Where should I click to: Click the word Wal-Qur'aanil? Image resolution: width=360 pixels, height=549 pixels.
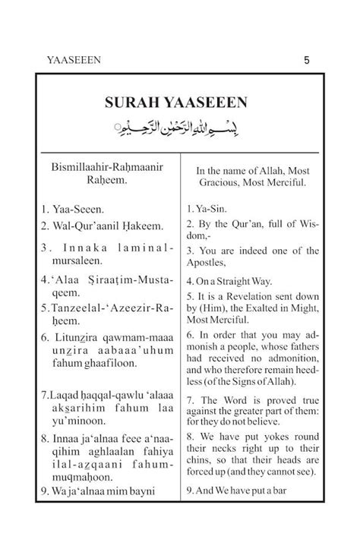click(x=84, y=225)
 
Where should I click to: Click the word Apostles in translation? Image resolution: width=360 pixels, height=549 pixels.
click(x=208, y=263)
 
